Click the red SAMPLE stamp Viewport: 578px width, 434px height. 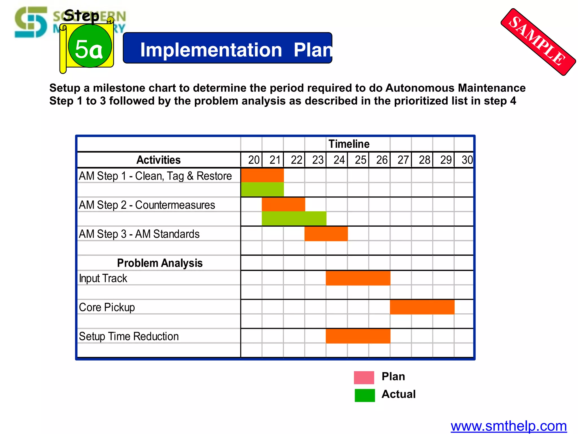pyautogui.click(x=538, y=42)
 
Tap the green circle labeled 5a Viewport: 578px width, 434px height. pyautogui.click(x=90, y=46)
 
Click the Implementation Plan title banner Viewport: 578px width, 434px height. pyautogui.click(x=227, y=48)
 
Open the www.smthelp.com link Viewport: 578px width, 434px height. pyautogui.click(x=509, y=426)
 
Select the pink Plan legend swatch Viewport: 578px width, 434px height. pyautogui.click(x=364, y=377)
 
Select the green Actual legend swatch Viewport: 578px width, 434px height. pyautogui.click(x=365, y=395)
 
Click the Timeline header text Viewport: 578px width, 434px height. pyautogui.click(x=349, y=144)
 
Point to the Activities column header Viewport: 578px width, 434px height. pyautogui.click(x=159, y=160)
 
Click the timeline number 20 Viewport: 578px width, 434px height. pyautogui.click(x=254, y=160)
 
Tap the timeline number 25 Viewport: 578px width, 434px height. pyautogui.click(x=360, y=160)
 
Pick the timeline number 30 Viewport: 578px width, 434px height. pyautogui.click(x=467, y=160)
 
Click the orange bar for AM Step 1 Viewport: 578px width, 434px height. pyautogui.click(x=262, y=175)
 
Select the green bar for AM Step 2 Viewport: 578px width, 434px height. pyautogui.click(x=294, y=218)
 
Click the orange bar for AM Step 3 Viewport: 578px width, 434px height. pyautogui.click(x=326, y=233)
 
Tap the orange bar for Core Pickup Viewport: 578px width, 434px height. pyautogui.click(x=422, y=307)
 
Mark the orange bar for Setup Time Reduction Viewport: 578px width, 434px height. pyautogui.click(x=358, y=336)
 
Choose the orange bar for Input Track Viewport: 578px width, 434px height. pyautogui.click(x=358, y=278)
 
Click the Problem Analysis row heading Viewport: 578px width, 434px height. pyautogui.click(x=160, y=263)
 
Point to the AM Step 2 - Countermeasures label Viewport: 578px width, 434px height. pyautogui.click(x=147, y=205)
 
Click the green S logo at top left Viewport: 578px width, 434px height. pyautogui.click(x=31, y=22)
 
